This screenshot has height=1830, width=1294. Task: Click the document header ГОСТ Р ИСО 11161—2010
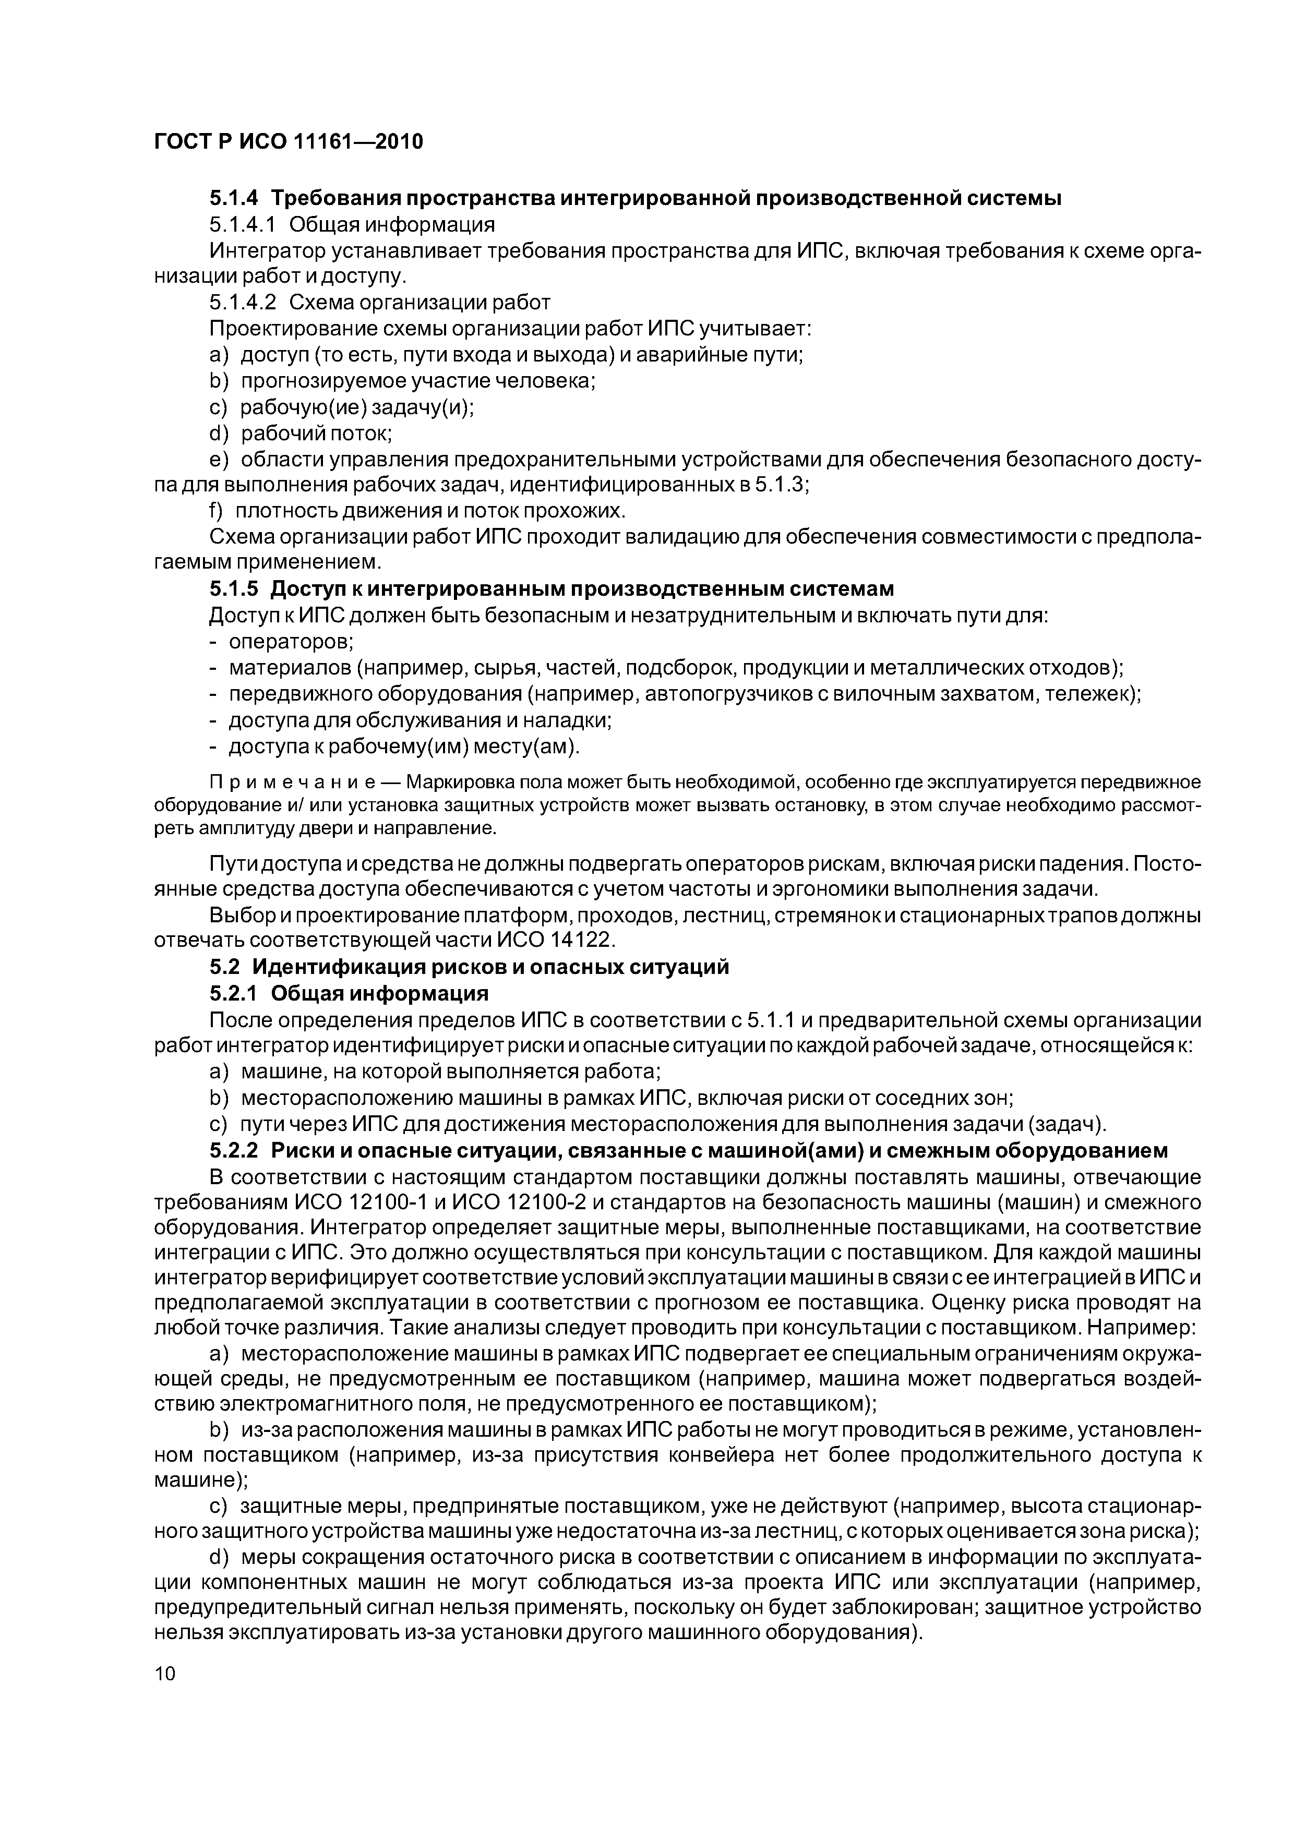(288, 142)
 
